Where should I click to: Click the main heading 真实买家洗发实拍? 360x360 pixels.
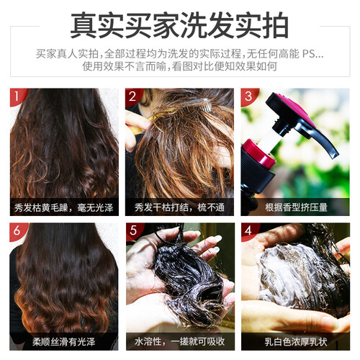pos(179,25)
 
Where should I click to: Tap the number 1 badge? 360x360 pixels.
pos(17,96)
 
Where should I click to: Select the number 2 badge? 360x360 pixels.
pos(132,96)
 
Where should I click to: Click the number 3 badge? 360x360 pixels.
pos(248,96)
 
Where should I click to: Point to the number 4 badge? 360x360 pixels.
pos(248,230)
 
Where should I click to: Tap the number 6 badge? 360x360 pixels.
pos(17,230)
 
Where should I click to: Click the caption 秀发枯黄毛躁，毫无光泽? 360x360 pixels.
pos(63,207)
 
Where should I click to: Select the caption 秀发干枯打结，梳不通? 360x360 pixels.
pos(179,207)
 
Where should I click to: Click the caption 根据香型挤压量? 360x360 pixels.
pos(296,207)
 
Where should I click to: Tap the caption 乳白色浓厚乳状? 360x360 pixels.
pos(296,342)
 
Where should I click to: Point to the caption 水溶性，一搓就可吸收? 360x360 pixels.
pos(179,342)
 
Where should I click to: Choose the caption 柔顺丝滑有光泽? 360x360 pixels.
pos(64,342)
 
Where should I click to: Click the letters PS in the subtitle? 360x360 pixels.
pos(308,54)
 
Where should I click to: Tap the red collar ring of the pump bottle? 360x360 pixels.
pos(259,153)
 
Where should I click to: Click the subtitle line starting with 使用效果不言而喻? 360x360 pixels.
pos(179,66)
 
